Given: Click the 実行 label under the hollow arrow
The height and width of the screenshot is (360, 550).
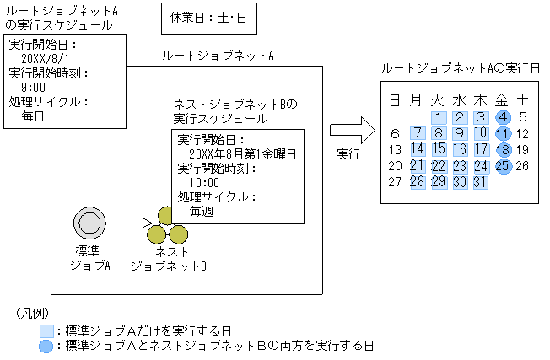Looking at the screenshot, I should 348,155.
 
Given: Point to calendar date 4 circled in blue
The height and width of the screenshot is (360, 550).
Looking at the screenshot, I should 502,117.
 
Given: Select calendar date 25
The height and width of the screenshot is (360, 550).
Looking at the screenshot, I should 502,165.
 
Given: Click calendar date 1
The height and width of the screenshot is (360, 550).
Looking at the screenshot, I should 438,117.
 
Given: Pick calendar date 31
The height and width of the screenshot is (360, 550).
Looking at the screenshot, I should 481,181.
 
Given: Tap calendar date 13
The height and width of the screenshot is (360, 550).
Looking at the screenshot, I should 395,149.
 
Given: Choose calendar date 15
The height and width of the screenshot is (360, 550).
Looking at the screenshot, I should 438,149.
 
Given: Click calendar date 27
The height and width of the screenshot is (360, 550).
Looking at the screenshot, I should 395,181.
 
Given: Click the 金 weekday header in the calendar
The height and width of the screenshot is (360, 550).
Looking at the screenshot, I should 502,99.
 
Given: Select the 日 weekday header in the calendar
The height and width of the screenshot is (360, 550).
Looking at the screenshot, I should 395,99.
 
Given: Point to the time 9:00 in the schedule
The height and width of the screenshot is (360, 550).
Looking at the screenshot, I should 33,88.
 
